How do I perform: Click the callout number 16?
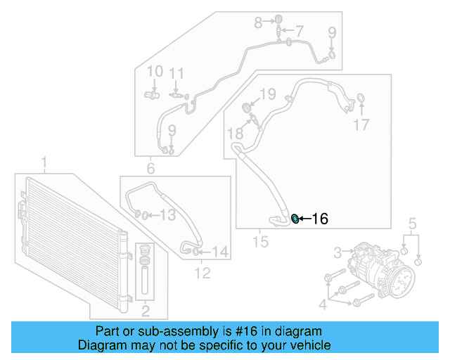pyautogui.click(x=319, y=219)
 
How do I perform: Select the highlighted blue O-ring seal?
pyautogui.click(x=295, y=219)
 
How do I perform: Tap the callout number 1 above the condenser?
pyautogui.click(x=44, y=165)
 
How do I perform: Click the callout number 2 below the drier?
pyautogui.click(x=146, y=311)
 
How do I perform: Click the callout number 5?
pyautogui.click(x=413, y=225)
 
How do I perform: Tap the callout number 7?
pyautogui.click(x=300, y=31)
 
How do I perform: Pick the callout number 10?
pyautogui.click(x=155, y=71)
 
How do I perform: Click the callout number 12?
pyautogui.click(x=202, y=273)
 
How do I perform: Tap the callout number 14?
pyautogui.click(x=220, y=251)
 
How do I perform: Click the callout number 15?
pyautogui.click(x=260, y=242)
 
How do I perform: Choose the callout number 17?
pyautogui.click(x=361, y=125)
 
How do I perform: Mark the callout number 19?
pyautogui.click(x=268, y=94)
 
